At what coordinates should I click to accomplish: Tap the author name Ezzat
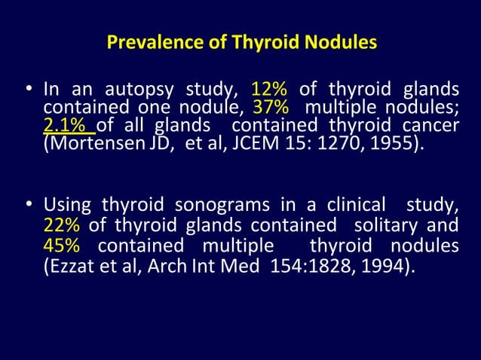67,266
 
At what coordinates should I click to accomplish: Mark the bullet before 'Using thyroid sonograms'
28,206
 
